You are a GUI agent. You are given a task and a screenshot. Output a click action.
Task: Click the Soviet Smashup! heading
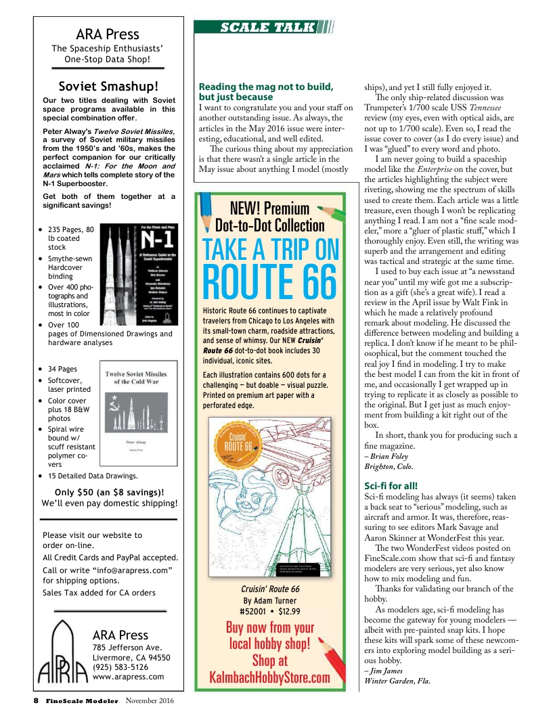pyautogui.click(x=108, y=87)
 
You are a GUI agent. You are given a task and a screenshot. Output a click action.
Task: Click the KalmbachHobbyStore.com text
pyautogui.click(x=269, y=678)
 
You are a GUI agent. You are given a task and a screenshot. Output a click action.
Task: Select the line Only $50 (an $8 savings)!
pyautogui.click(x=108, y=492)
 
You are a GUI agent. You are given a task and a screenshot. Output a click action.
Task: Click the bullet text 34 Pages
pyautogui.click(x=62, y=369)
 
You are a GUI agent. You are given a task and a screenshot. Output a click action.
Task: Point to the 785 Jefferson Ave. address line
pyautogui.click(x=127, y=648)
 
